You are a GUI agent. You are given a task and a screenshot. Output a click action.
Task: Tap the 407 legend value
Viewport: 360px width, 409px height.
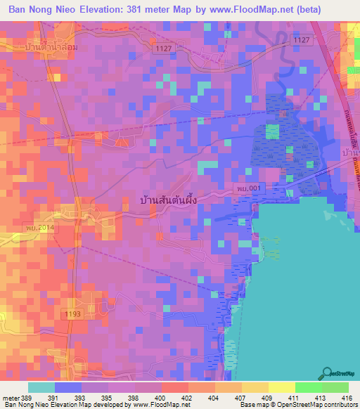click(229, 397)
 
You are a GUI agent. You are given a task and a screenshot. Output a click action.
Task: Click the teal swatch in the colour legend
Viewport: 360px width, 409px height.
click(41, 387)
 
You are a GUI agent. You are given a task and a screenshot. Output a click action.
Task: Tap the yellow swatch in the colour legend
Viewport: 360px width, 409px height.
click(281, 387)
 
